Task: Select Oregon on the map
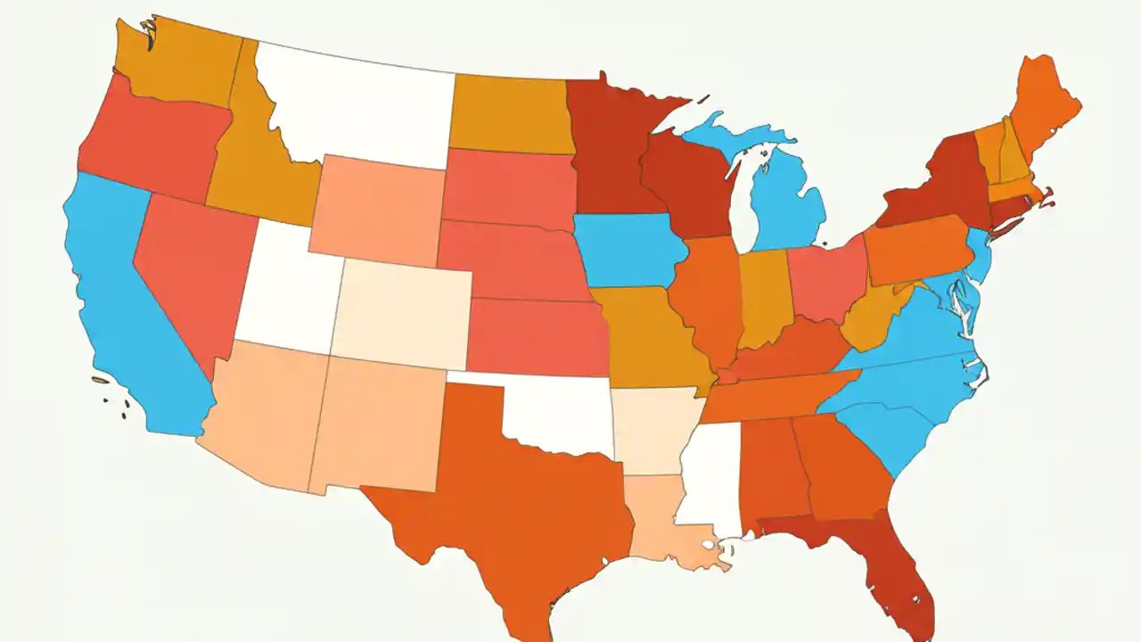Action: [152, 143]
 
